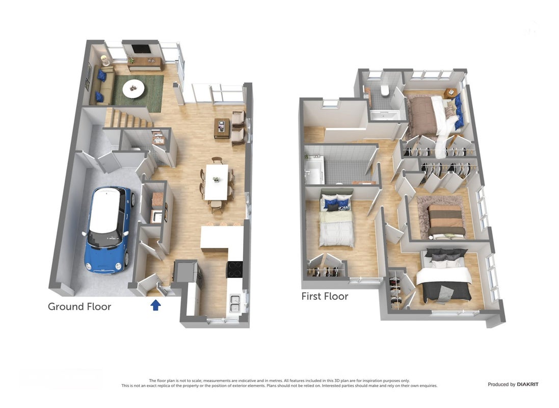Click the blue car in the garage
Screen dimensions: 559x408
108,230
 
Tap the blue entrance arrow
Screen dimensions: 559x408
155,304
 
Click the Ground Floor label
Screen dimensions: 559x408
79,307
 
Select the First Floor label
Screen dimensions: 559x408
325,296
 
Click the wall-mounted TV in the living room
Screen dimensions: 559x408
140,49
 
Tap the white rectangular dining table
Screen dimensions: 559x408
217,182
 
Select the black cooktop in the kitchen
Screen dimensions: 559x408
234,269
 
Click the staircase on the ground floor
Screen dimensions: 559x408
128,118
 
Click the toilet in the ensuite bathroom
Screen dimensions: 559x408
384,91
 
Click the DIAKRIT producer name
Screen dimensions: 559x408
527,385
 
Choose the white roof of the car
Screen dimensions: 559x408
105,211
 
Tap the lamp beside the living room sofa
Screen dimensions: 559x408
104,60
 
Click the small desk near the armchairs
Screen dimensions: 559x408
222,128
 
